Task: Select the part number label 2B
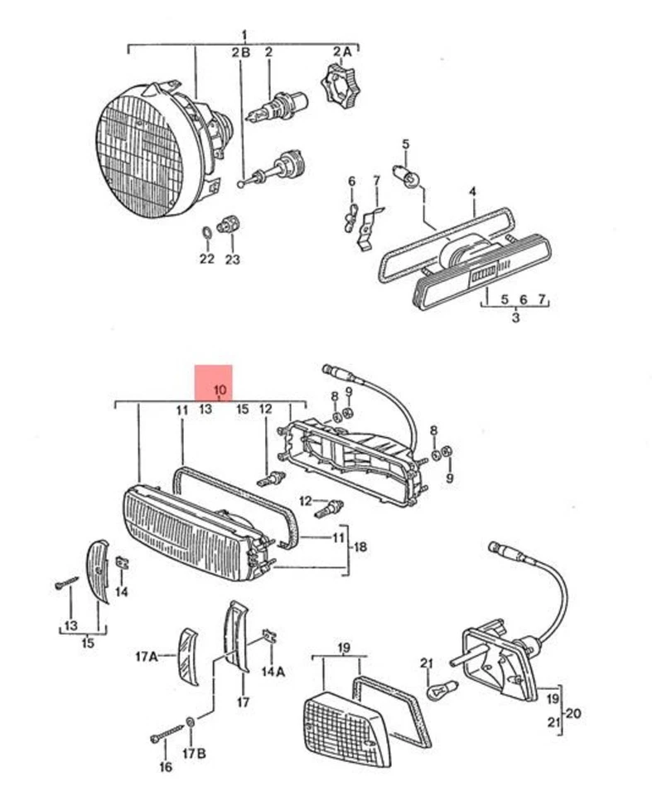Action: pos(240,52)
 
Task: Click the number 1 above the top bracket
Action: pos(244,34)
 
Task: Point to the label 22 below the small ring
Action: pos(206,259)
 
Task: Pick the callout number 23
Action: pos(232,259)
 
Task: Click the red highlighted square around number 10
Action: pos(213,383)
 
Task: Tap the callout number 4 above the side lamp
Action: pos(472,192)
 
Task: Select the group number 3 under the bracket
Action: pos(514,317)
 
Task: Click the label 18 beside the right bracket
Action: pos(360,547)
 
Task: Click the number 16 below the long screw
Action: pos(166,768)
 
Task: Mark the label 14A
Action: pos(273,672)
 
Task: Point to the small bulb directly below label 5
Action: pos(409,177)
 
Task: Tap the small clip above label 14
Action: pos(121,563)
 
